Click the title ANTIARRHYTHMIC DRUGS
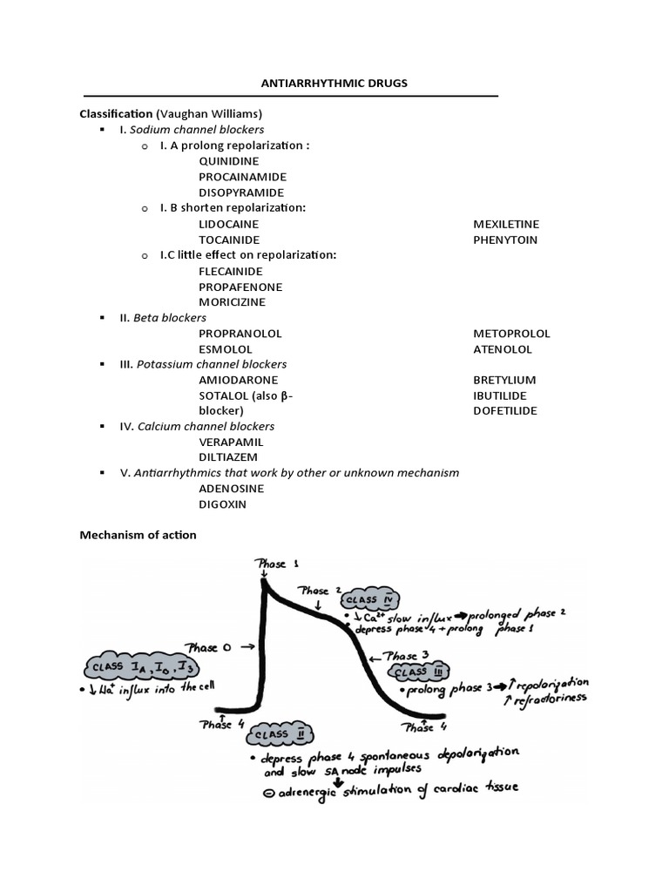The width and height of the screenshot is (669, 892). pos(334,83)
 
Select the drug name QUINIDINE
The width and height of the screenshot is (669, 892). pos(229,161)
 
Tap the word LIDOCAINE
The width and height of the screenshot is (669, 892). pos(229,224)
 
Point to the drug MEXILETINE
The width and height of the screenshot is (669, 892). pos(506,224)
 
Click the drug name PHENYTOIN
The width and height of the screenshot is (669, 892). pos(505,240)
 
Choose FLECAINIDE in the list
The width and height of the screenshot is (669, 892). pos(230,271)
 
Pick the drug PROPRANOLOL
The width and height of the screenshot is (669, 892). pos(240,334)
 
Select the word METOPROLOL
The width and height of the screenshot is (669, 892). pos(511,334)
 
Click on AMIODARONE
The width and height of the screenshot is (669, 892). pos(239,381)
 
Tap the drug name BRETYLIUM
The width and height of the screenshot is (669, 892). pos(504,381)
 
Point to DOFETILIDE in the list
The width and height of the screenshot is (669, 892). pos(505,410)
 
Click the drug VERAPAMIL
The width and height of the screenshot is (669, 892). pos(231,442)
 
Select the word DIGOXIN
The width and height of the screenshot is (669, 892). pos(223,504)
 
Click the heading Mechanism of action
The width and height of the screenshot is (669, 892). pos(139,535)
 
